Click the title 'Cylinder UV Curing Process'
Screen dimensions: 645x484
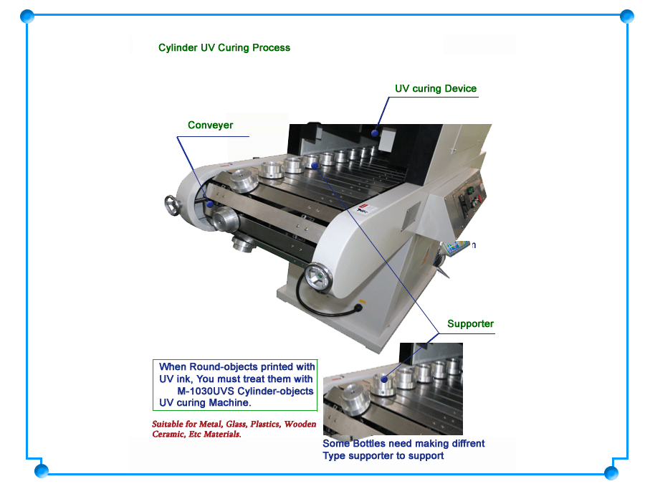[224, 48]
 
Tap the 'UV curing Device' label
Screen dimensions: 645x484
[436, 88]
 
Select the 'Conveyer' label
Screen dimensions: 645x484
[210, 125]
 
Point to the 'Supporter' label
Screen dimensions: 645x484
[470, 323]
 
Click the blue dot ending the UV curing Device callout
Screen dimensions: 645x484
[375, 133]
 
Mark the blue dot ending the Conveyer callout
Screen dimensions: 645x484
[210, 204]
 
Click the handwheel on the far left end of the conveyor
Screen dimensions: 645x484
[171, 205]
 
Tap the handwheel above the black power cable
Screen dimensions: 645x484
[318, 276]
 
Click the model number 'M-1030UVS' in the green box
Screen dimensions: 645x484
[206, 391]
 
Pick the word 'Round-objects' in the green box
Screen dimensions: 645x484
[224, 366]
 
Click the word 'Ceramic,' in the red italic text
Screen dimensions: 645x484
[168, 435]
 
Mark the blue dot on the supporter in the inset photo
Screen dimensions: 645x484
[384, 379]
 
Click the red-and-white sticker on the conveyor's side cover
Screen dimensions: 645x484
[363, 209]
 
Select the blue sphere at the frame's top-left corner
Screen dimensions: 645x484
[27, 16]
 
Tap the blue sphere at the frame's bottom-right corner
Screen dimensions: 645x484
[611, 472]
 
